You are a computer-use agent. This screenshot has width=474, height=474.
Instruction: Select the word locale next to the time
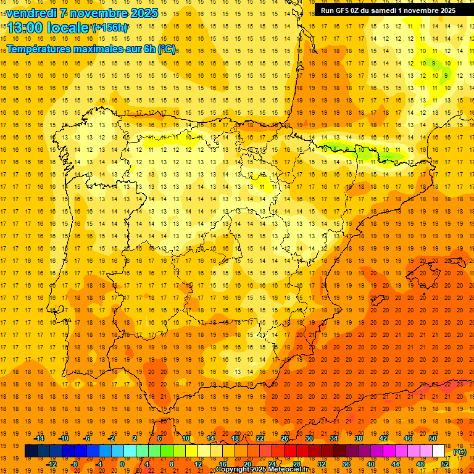71,27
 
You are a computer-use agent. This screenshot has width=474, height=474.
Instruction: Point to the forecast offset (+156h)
109,28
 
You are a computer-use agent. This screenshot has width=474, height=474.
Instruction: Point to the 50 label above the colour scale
433,438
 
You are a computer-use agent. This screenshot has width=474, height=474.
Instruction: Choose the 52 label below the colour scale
444,464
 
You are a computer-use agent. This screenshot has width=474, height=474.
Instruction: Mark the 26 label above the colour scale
285,438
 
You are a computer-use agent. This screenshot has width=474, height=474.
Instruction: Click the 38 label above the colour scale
359,438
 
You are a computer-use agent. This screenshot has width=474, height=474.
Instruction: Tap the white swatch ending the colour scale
439,451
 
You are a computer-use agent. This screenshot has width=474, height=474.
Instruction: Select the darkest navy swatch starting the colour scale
31,451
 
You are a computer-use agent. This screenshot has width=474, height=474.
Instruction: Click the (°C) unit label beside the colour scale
460,451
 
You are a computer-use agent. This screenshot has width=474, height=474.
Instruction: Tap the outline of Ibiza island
376,301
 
